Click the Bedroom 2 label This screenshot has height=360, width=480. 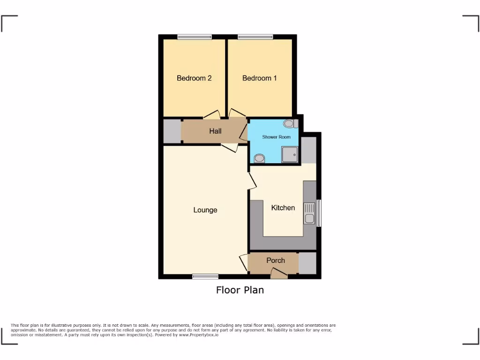coord(194,78)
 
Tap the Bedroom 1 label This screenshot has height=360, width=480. coord(259,78)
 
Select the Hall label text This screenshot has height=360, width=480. coord(215,131)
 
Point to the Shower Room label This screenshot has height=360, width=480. coord(276,137)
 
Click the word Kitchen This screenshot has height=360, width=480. coord(283,208)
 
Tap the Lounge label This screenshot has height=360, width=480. coord(205,210)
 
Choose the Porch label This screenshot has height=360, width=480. coord(276,261)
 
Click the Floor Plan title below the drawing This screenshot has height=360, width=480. coord(240,290)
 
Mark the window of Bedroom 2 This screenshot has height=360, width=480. coord(194,37)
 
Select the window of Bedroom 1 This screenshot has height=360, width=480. coord(255,37)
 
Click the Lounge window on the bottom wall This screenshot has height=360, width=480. coord(205,277)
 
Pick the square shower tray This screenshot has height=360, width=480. coord(289,154)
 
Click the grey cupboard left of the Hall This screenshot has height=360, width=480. coord(172,131)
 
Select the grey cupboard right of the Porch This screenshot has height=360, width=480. coord(307,263)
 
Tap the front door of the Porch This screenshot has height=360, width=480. coord(278,274)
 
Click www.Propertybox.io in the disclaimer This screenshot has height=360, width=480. coord(199,335)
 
